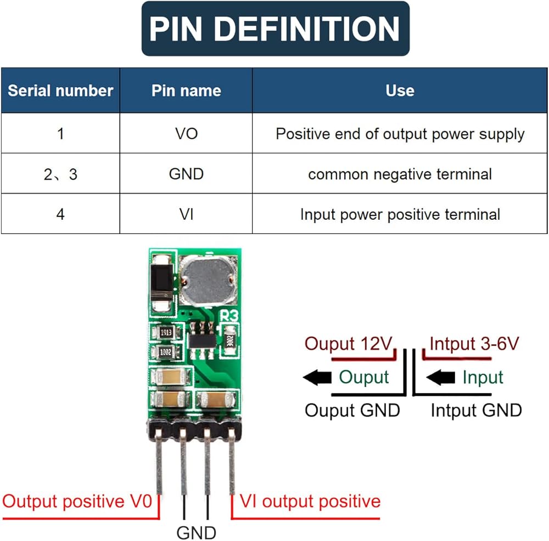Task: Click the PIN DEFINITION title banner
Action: click(275, 29)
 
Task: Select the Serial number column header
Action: click(60, 90)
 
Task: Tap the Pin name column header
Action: click(186, 90)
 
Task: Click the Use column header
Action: click(400, 90)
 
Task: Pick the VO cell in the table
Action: click(186, 133)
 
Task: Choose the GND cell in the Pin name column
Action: click(186, 174)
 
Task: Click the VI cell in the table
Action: click(186, 214)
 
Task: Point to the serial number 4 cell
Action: click(60, 214)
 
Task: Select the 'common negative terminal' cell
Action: click(400, 174)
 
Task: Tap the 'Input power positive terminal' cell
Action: click(400, 214)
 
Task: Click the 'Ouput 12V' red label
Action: click(349, 344)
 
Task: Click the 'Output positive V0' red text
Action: click(77, 501)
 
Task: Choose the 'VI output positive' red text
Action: click(310, 501)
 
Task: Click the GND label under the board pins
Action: click(196, 532)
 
